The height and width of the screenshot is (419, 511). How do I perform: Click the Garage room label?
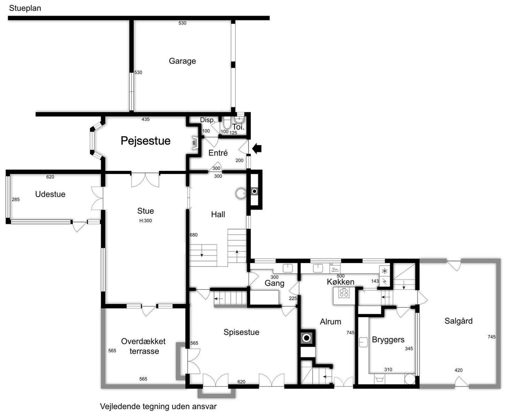[182, 61]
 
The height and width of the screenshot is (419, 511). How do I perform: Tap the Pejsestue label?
[146, 141]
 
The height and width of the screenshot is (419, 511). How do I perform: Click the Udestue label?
[50, 194]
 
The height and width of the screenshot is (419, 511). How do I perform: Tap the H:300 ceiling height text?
[146, 221]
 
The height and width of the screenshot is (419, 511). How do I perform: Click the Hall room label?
[218, 214]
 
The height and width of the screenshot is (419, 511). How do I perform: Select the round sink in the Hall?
[241, 193]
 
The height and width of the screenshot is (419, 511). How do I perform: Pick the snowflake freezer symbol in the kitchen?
[385, 271]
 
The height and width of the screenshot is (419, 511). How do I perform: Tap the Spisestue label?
[241, 332]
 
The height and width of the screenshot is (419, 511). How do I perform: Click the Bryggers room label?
[388, 340]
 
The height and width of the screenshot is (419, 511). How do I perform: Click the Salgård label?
[459, 321]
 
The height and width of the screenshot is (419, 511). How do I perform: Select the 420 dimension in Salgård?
[459, 370]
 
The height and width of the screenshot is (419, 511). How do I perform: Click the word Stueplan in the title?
[25, 8]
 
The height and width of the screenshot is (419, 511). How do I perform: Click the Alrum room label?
[331, 322]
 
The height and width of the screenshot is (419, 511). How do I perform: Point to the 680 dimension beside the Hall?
[194, 235]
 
